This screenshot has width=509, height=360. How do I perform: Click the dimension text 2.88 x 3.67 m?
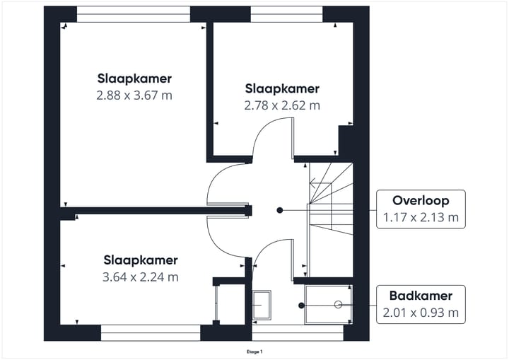coord(134,94)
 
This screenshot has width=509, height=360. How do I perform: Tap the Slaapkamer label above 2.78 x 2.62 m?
coord(282,89)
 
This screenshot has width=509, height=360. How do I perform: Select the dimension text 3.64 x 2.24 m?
coord(141,277)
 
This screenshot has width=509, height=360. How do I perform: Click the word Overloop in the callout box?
coord(421,201)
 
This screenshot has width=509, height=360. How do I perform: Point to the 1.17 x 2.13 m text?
coord(421,217)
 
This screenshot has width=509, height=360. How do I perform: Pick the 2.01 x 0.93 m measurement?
coord(421,312)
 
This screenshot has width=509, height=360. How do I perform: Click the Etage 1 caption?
coord(254,352)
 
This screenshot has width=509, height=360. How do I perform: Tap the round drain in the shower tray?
coord(338,305)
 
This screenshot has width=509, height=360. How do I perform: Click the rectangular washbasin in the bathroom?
coord(261,303)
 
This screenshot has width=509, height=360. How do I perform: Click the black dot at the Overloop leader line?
coord(279,210)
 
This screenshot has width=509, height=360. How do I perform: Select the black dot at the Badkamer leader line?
coord(301,306)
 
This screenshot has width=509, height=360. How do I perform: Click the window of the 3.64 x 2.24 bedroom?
coord(151,330)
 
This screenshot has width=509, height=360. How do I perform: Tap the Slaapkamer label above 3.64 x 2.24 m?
coord(141,260)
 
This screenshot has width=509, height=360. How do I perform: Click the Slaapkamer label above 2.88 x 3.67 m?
coord(134,78)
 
